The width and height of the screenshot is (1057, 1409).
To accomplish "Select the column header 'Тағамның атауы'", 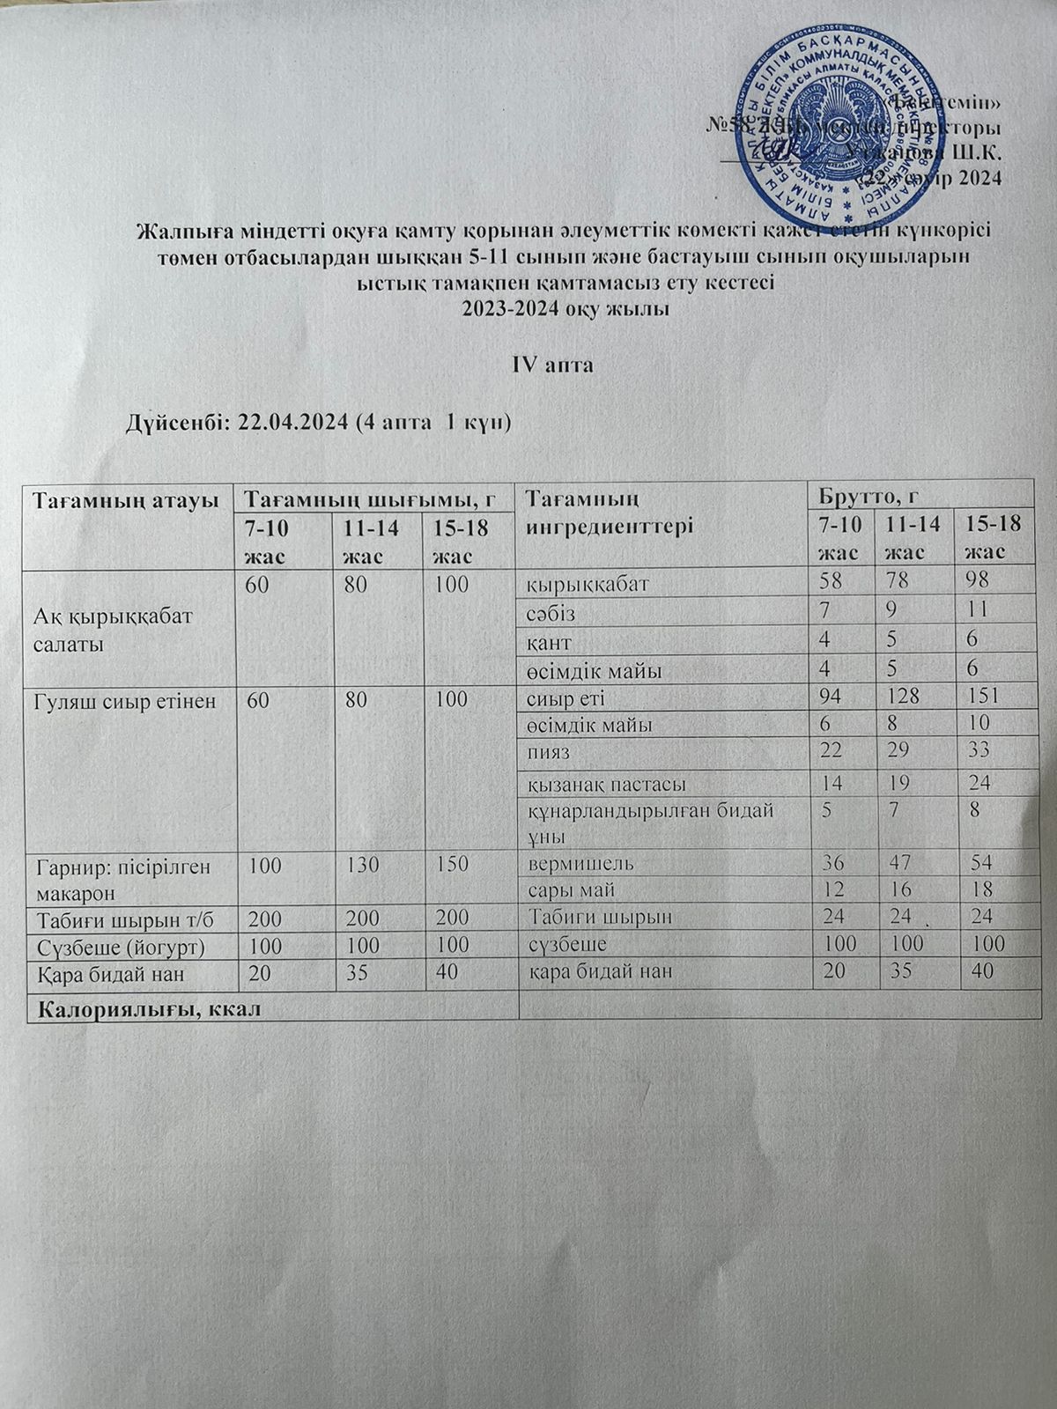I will coord(125,500).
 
